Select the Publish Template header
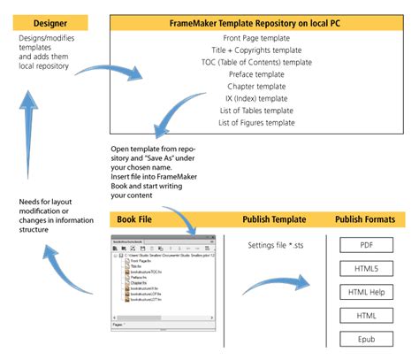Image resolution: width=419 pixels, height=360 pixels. pyautogui.click(x=275, y=219)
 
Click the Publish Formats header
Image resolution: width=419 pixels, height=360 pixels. pyautogui.click(x=366, y=219)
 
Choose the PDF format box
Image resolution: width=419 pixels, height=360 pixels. pyautogui.click(x=366, y=245)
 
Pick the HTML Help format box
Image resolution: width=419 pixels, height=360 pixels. pyautogui.click(x=366, y=291)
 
